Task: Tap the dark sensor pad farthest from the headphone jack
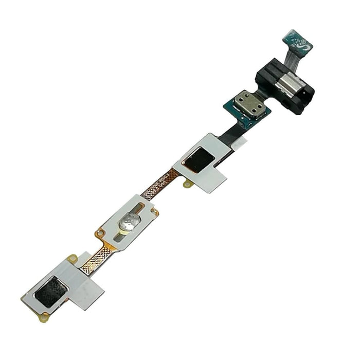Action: pos(50,292)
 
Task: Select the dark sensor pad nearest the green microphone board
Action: pos(199,160)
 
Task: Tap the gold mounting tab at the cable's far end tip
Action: pos(44,317)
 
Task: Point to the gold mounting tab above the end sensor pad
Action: pos(73,258)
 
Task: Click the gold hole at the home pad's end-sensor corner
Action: pos(100,233)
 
